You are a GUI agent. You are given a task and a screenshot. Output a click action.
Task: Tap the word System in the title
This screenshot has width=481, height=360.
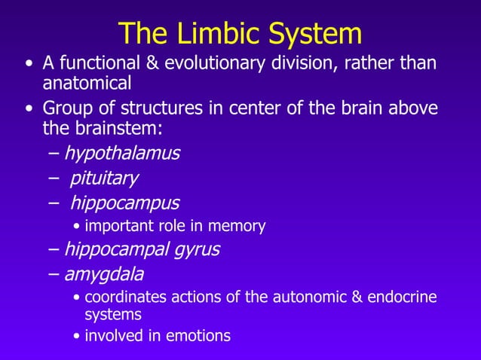coord(310,34)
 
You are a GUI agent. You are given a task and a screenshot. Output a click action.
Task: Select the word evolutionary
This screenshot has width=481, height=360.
coord(230,63)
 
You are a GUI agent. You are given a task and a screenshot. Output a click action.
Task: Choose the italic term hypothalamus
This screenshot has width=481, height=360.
coord(121,154)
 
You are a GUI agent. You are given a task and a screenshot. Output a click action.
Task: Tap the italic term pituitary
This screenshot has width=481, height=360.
coord(104,178)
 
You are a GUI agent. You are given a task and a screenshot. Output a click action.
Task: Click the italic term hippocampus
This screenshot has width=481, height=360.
coord(124,203)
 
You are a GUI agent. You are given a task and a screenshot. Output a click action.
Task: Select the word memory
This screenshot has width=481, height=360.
coord(240,226)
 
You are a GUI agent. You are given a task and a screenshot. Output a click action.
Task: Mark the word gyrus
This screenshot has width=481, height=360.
coord(195,249)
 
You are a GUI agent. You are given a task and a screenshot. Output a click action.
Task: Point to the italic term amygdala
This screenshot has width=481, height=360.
coord(103,273)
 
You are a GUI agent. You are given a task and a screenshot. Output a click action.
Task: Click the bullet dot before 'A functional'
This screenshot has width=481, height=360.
coord(29,63)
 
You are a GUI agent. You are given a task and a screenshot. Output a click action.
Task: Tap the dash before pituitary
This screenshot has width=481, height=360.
coord(53,178)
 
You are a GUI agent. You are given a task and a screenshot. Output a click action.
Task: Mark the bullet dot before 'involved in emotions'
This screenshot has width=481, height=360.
coord(78,336)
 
